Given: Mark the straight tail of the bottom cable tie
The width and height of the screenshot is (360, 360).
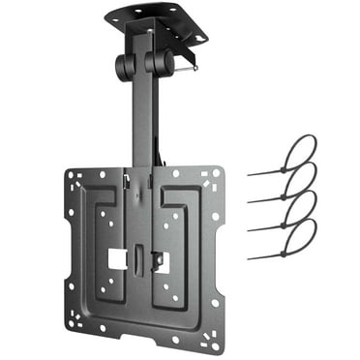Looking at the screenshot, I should (x=266, y=255).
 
